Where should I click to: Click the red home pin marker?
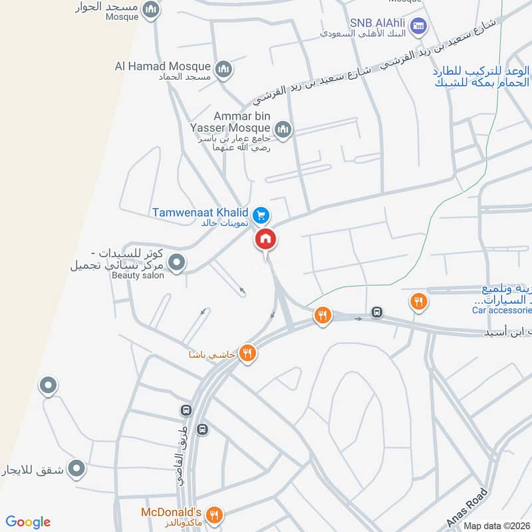tap(266, 240)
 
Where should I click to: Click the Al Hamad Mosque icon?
tap(223, 67)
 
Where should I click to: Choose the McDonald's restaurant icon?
tap(214, 514)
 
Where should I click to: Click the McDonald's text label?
tap(171, 513)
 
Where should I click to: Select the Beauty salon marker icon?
tap(176, 264)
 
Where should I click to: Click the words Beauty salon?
tap(138, 275)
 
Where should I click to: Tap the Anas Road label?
tap(468, 508)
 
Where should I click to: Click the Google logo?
tap(28, 521)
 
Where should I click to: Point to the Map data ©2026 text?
tap(497, 526)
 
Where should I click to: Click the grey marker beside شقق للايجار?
tap(77, 469)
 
